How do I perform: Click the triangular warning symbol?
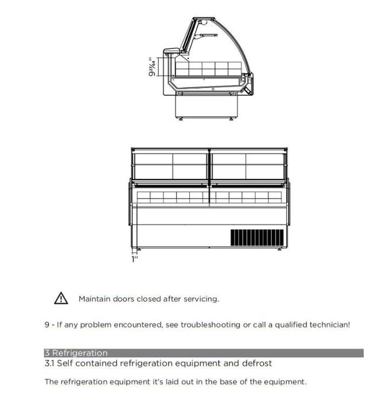coord(61,298)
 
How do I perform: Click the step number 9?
coord(47,325)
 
